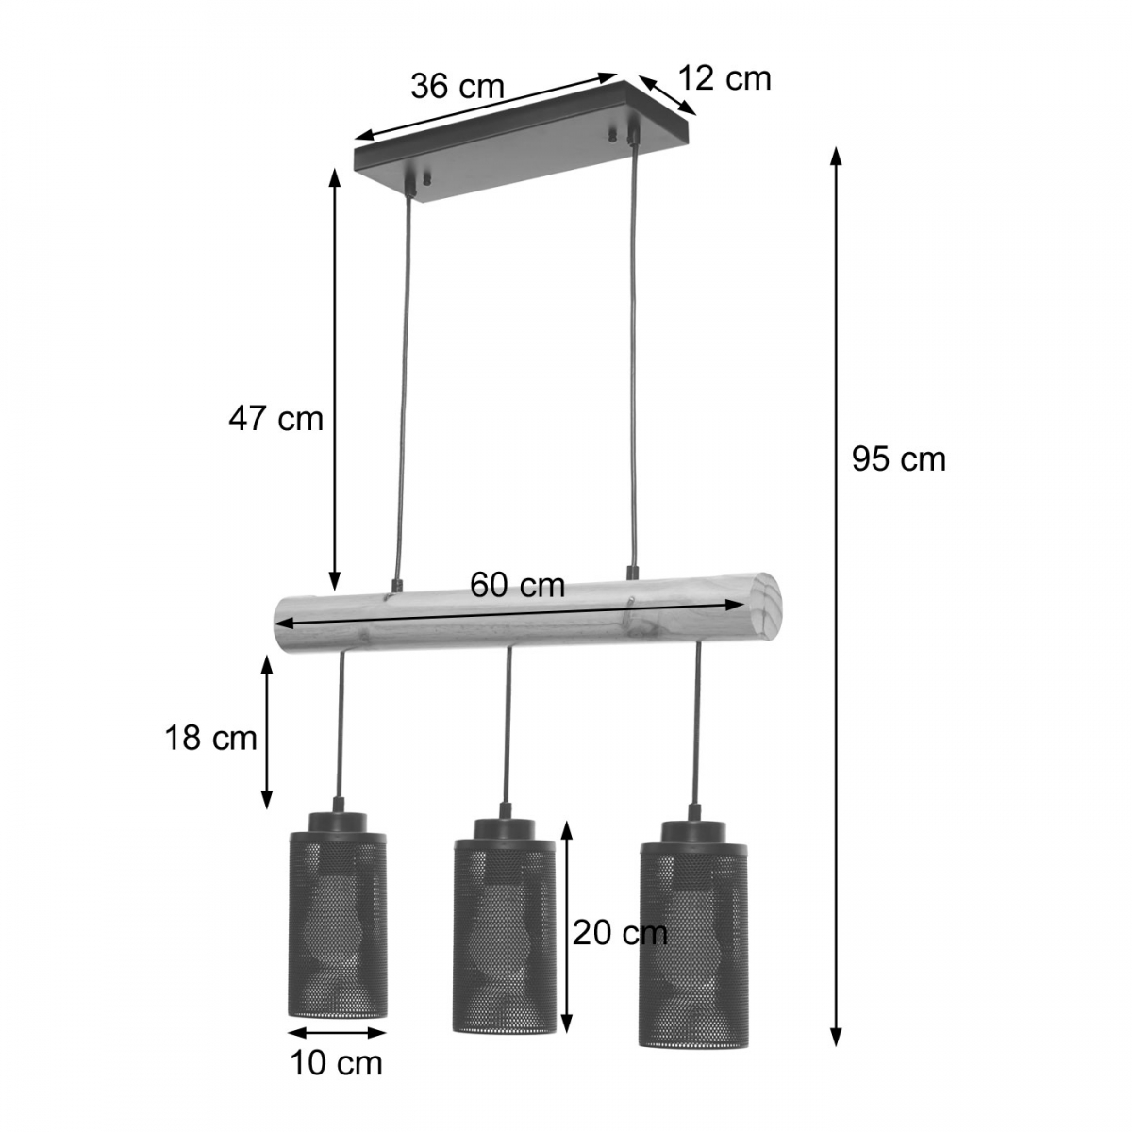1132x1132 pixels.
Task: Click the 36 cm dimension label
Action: click(457, 87)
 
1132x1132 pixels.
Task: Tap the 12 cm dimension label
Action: click(724, 78)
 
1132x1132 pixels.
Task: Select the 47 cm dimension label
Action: click(276, 419)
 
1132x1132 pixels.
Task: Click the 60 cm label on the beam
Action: click(518, 585)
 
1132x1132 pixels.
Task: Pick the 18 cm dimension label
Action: click(211, 738)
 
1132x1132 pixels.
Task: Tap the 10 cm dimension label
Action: click(337, 1079)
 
